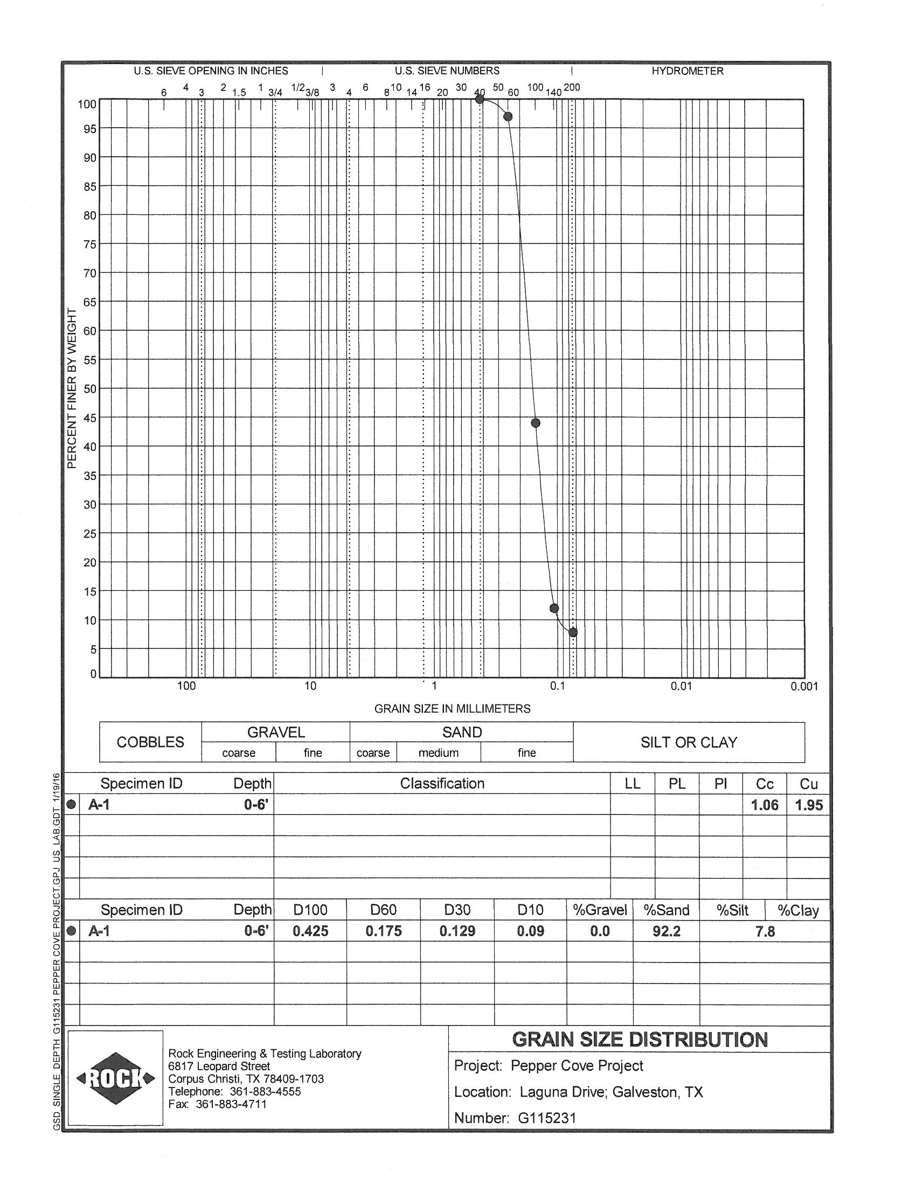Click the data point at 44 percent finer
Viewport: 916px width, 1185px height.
click(536, 423)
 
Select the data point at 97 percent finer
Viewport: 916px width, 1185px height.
click(508, 117)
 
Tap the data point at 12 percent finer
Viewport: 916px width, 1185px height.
click(554, 608)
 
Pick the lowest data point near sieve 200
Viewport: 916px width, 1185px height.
click(573, 632)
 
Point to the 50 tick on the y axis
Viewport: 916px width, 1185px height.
click(89, 389)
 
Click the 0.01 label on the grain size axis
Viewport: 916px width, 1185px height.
click(681, 686)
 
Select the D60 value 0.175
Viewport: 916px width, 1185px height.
click(384, 931)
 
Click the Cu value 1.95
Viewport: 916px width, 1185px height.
click(809, 805)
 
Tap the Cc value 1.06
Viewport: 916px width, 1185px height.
click(765, 805)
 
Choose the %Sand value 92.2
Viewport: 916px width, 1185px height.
click(667, 931)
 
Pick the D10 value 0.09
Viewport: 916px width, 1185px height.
click(530, 931)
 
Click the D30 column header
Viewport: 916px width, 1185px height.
click(457, 910)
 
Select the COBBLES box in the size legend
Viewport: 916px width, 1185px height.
click(150, 742)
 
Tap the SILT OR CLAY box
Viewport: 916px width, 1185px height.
click(689, 742)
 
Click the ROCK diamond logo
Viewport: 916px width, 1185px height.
click(116, 1078)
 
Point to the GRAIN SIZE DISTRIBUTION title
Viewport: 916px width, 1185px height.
click(640, 1040)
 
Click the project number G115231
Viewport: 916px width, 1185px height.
click(546, 1118)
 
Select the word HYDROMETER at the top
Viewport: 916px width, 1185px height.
click(688, 71)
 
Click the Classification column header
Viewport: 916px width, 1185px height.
click(442, 784)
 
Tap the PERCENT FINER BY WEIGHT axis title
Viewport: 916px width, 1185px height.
click(72, 388)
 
